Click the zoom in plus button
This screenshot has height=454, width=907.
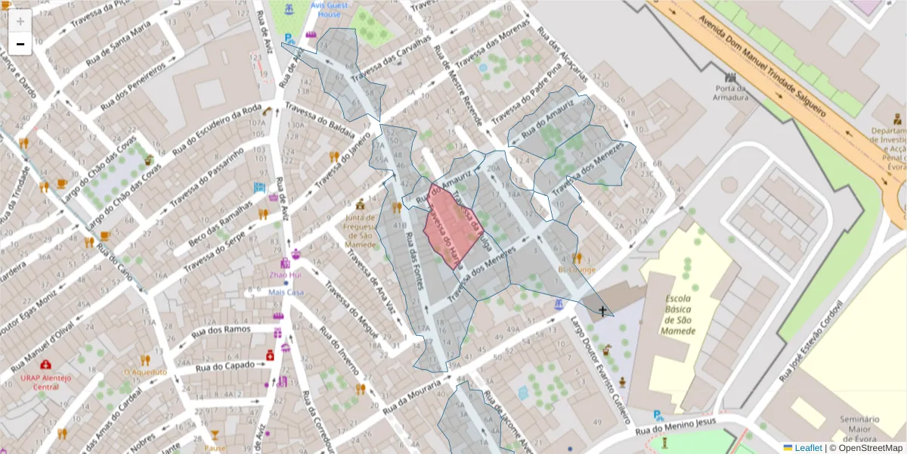[x=20, y=21]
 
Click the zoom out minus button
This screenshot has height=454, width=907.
[x=20, y=44]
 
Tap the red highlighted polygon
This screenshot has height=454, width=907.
[x=450, y=225]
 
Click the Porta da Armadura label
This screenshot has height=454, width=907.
[x=731, y=92]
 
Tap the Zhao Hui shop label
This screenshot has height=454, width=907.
[x=285, y=276]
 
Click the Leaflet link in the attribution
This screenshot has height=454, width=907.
[x=807, y=448]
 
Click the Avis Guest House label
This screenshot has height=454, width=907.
[x=330, y=9]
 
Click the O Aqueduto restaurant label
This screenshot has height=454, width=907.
[x=144, y=372]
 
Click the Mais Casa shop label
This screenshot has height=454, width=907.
[x=286, y=292]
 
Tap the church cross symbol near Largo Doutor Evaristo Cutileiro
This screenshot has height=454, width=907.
[x=603, y=310]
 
